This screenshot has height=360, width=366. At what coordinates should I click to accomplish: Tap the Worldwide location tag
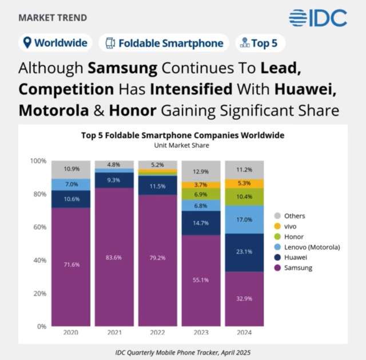[55, 43]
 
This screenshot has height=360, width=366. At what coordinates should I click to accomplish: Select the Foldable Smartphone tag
[164, 43]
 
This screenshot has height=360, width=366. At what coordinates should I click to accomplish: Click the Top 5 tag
[260, 43]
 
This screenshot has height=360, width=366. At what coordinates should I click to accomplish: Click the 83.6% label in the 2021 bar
[114, 258]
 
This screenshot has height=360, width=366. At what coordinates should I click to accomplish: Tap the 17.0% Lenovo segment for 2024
[244, 219]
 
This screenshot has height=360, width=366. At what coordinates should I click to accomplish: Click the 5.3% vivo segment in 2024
[244, 183]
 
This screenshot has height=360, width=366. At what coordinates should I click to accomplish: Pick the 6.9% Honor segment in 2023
[201, 195]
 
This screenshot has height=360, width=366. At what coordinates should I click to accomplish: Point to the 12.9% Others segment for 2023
[201, 171]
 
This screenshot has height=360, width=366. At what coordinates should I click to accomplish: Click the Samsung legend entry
[291, 267]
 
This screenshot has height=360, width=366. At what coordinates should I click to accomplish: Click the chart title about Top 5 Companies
[182, 135]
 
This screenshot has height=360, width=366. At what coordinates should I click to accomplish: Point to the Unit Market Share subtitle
[182, 146]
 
